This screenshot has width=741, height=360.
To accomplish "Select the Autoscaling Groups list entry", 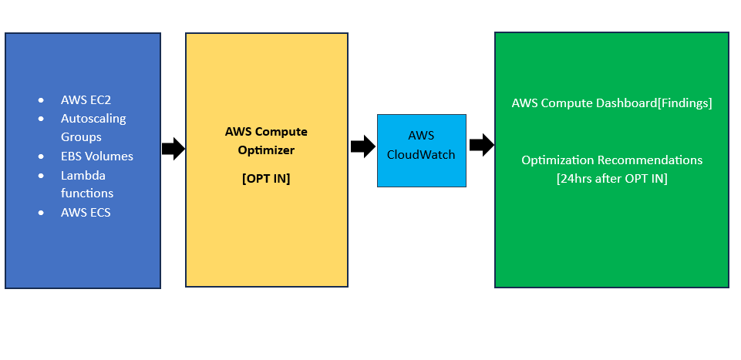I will pos(93,127).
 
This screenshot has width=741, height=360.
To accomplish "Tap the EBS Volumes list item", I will pos(96,156).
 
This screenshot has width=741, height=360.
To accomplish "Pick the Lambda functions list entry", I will pos(87,183).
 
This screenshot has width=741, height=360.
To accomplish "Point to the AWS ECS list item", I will pos(86,212).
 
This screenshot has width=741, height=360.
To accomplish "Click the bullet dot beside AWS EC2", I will pos(41,100).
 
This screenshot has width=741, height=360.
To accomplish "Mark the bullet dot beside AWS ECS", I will pos(41,213).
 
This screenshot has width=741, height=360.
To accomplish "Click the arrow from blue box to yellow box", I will pos(173,149).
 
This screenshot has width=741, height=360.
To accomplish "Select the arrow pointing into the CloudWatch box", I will pos(362,146).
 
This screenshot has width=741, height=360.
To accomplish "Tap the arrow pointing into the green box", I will pos(481,144).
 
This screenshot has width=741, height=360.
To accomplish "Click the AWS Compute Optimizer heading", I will pos(265,140).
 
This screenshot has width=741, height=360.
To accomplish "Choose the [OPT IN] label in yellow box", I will pos(265,178).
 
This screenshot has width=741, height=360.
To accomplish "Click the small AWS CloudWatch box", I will pos(421,150).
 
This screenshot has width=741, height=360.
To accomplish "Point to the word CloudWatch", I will pos(421,154).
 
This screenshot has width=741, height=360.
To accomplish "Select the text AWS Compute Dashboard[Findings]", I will pos(611,103).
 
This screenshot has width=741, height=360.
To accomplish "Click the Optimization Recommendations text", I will pos(611,160).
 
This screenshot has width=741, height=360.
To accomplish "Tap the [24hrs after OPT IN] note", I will pos(611,179).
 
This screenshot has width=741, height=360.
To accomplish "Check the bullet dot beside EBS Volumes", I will pos(41,156).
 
